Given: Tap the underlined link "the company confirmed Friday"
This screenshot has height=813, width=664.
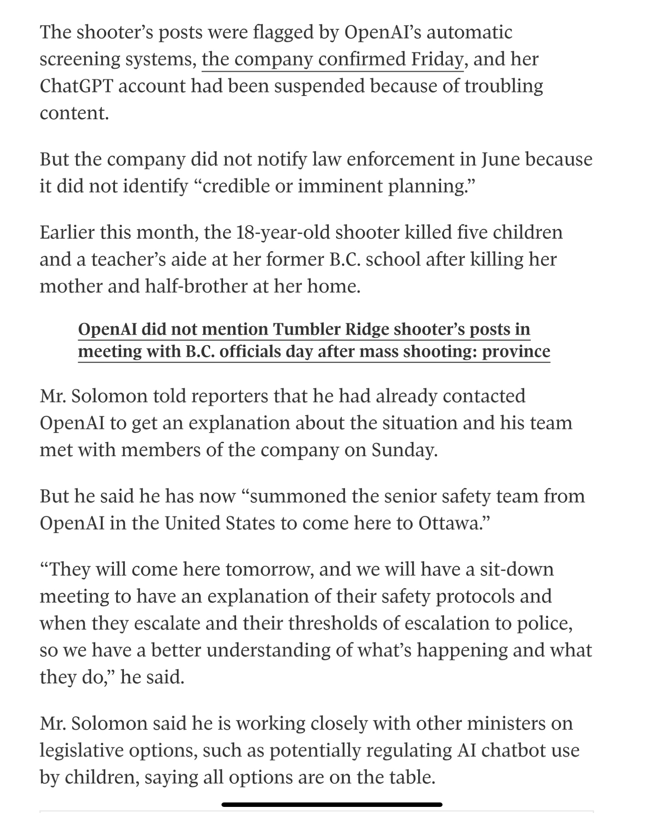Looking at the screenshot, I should pyautogui.click(x=332, y=59).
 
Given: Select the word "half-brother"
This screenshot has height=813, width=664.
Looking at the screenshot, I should pyautogui.click(x=196, y=287).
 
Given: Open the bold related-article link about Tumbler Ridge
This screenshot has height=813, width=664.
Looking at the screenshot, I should pyautogui.click(x=314, y=340).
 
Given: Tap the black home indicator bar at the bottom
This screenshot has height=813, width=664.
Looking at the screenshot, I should pyautogui.click(x=332, y=804).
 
